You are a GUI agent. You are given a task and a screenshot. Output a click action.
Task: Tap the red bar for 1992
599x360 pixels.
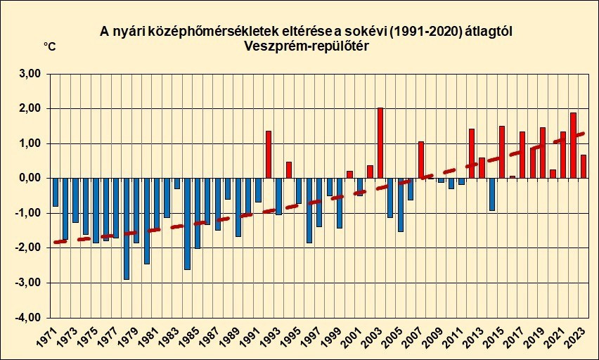(x=269, y=154)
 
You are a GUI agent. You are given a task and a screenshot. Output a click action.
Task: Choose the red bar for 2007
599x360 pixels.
(x=421, y=160)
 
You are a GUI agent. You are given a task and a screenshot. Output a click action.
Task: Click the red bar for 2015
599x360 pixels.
(x=502, y=152)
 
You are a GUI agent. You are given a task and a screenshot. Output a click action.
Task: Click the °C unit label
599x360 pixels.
(x=50, y=46)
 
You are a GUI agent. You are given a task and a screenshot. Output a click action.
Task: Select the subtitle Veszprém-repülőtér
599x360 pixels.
(x=307, y=46)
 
